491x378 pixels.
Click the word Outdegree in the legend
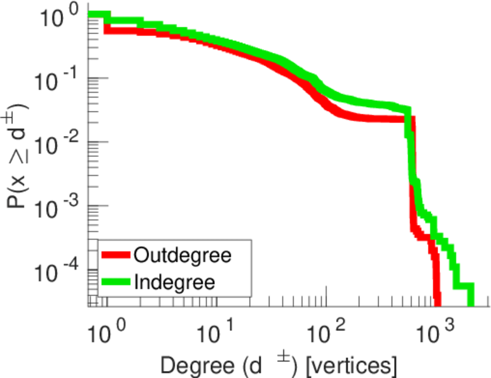tap(183, 256)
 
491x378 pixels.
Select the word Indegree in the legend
tap(174, 282)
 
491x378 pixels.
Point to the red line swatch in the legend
tap(116, 256)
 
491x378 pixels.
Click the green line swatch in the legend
tap(116, 282)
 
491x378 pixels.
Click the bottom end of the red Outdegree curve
tap(437, 304)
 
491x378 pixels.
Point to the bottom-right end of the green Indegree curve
tap(470, 304)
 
